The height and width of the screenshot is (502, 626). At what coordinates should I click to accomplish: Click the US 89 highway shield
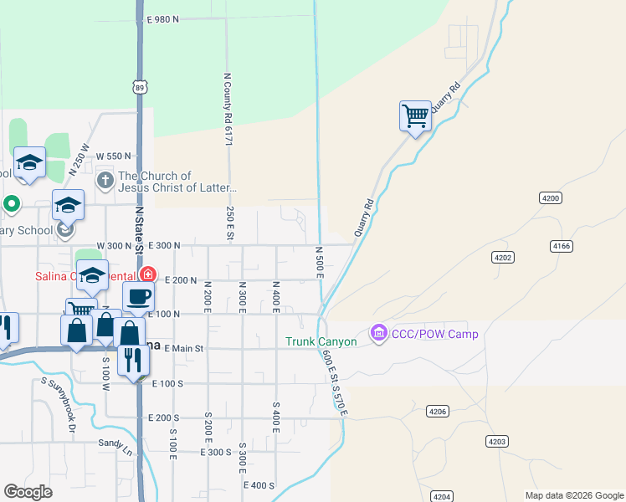[x=140, y=87]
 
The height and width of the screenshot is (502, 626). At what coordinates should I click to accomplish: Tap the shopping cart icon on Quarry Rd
[x=415, y=115]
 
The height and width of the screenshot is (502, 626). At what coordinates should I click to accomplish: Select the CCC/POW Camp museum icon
[x=379, y=334]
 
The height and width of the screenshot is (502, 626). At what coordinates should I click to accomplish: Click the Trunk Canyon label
[x=321, y=341]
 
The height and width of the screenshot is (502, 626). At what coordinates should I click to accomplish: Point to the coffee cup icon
[x=138, y=295]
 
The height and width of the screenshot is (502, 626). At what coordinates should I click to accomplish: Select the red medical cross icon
[x=148, y=274]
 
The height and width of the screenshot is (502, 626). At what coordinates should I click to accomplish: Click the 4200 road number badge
[x=550, y=197]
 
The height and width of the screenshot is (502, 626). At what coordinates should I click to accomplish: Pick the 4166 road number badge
[x=562, y=246]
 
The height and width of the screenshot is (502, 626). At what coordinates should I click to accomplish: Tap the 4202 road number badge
[x=502, y=257]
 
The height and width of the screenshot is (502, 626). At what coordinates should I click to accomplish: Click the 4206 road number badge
[x=438, y=411]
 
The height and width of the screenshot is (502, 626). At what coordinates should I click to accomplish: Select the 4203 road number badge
[x=497, y=441]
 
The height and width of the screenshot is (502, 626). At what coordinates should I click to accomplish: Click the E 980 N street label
[x=163, y=19]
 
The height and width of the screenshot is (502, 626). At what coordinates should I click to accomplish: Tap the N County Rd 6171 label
[x=227, y=109]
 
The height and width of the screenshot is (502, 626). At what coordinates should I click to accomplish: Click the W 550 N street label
[x=115, y=156]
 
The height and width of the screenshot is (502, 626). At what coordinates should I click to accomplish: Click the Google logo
[x=28, y=491]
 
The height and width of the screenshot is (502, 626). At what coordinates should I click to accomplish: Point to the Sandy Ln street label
[x=115, y=443]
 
